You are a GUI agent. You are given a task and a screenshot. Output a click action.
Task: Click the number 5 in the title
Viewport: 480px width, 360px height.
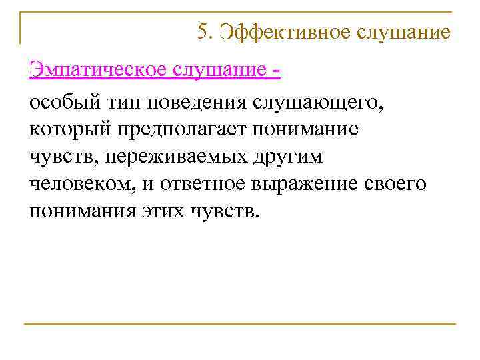203,31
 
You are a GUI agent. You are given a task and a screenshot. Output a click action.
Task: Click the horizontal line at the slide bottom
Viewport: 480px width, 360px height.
240,324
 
